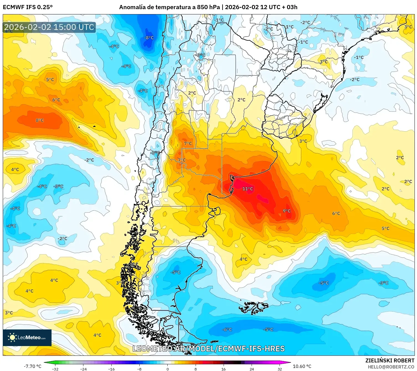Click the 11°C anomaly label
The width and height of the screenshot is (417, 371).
click(x=247, y=189)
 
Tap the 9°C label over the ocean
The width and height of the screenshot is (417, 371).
click(x=286, y=211)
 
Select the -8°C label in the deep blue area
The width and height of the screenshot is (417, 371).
click(x=149, y=38)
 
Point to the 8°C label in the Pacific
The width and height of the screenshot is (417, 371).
click(x=40, y=120)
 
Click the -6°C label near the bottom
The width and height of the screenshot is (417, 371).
click(x=227, y=329)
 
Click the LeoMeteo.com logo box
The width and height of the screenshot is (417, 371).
click(x=27, y=337)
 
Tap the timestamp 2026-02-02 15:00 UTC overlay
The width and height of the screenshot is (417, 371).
click(x=49, y=27)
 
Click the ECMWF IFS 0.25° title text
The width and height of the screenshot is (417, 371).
click(x=28, y=7)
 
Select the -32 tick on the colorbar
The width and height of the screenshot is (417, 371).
click(x=55, y=369)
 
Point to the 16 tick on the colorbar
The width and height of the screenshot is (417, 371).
click(x=223, y=369)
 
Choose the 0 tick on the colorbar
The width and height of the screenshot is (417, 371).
click(x=167, y=369)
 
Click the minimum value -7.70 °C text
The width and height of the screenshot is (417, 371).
click(x=32, y=366)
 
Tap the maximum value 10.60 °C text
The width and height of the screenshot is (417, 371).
click(x=302, y=366)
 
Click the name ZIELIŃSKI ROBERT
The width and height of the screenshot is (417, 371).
click(x=390, y=360)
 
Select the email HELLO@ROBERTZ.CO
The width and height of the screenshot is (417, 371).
click(x=391, y=367)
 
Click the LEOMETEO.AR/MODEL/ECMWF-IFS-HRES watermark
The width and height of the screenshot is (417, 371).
click(x=209, y=349)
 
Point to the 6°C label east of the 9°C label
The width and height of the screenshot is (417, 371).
click(x=336, y=213)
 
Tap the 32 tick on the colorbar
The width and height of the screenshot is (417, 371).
click(x=280, y=369)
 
